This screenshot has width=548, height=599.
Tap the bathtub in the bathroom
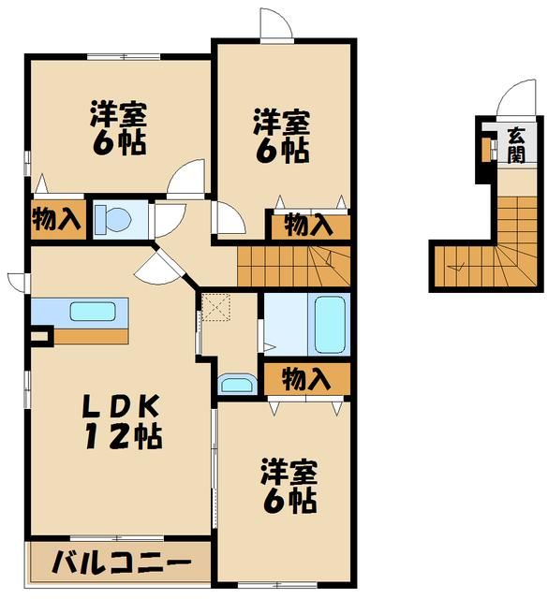[x=329, y=323]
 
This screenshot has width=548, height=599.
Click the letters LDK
[x=122, y=404]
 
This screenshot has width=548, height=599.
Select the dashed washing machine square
[x=217, y=306]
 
